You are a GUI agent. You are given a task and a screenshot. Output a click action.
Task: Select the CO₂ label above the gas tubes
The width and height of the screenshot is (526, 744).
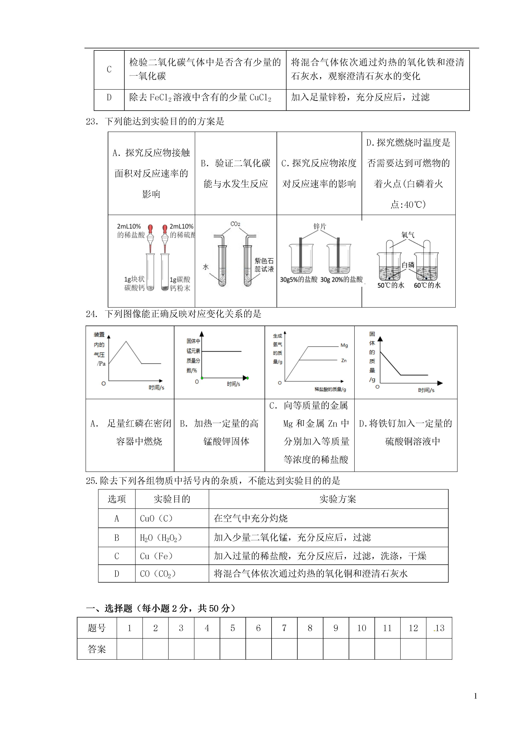point(235,224)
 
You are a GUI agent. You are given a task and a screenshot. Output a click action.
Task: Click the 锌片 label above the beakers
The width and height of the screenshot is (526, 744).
point(320,226)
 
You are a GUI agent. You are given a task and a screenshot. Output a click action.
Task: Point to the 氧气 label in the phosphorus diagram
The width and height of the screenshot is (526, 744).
point(408,235)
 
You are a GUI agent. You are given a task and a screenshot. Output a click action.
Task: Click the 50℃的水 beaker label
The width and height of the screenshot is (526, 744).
point(391,285)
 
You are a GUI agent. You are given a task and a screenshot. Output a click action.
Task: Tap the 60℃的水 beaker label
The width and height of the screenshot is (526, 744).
point(427,285)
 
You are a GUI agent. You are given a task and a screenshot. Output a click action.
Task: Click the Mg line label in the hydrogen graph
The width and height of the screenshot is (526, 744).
point(344,345)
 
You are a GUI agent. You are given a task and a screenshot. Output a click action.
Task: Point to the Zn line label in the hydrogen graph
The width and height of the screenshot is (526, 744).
point(344,360)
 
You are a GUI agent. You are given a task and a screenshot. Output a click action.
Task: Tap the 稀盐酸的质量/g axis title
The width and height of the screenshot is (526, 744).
point(330,389)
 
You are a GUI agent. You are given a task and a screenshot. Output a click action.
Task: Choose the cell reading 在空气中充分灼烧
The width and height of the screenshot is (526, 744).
point(250,518)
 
